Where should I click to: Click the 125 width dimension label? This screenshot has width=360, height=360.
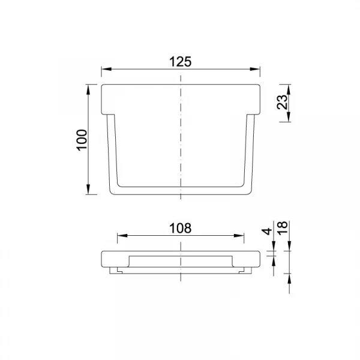(180, 62)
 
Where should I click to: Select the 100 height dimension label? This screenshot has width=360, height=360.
(82, 140)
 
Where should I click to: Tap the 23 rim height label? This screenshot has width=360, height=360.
(282, 102)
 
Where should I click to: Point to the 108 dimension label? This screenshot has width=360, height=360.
(180, 228)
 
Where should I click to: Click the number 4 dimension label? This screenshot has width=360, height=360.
(267, 232)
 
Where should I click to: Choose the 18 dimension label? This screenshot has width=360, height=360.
(282, 228)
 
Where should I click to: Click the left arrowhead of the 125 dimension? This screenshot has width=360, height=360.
(106, 69)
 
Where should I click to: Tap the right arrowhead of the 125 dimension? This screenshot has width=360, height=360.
(255, 69)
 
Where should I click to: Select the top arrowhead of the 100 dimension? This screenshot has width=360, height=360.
(88, 89)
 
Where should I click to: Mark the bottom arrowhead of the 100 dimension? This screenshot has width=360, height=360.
(88, 190)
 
